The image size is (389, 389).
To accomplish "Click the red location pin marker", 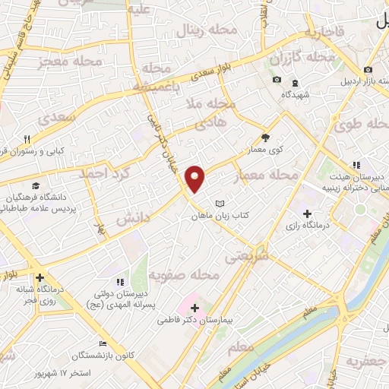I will point(196,179).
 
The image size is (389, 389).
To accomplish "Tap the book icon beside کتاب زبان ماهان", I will point(220,204).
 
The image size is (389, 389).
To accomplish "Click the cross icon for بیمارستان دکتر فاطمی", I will point(195,308).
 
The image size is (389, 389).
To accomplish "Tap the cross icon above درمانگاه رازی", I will point(307,213).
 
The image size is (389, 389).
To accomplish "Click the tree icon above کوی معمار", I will point(265,138).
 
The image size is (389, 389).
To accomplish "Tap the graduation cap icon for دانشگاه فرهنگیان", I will point(36,185).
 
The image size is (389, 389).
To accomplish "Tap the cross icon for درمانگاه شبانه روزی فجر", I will point(40,278).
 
